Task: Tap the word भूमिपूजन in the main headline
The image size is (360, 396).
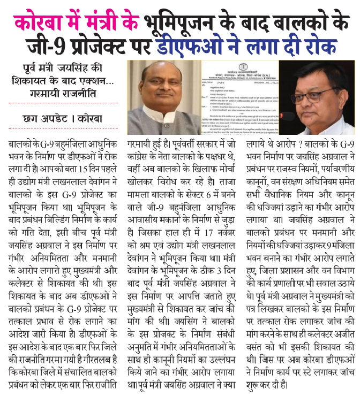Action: (183, 22)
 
